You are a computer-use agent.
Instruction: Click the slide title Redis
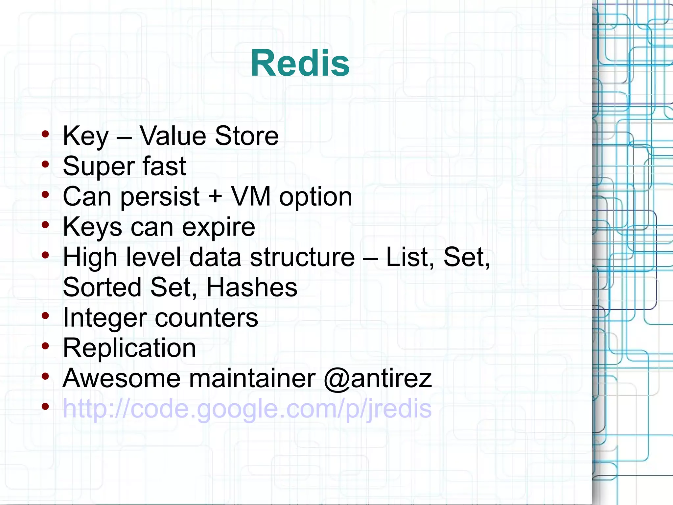[x=300, y=63]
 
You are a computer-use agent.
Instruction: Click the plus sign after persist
[x=215, y=196]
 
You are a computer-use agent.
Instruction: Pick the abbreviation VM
[x=251, y=196]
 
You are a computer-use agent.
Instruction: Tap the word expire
[x=219, y=227]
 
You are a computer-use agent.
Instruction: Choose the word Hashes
[x=252, y=287]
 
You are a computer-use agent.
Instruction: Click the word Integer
[x=105, y=318]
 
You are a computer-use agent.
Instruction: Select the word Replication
[x=129, y=348]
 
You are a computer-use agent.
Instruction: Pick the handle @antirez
[x=378, y=378]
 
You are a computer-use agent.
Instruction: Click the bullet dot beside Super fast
[x=45, y=164]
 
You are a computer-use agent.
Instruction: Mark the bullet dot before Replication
[x=45, y=346]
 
